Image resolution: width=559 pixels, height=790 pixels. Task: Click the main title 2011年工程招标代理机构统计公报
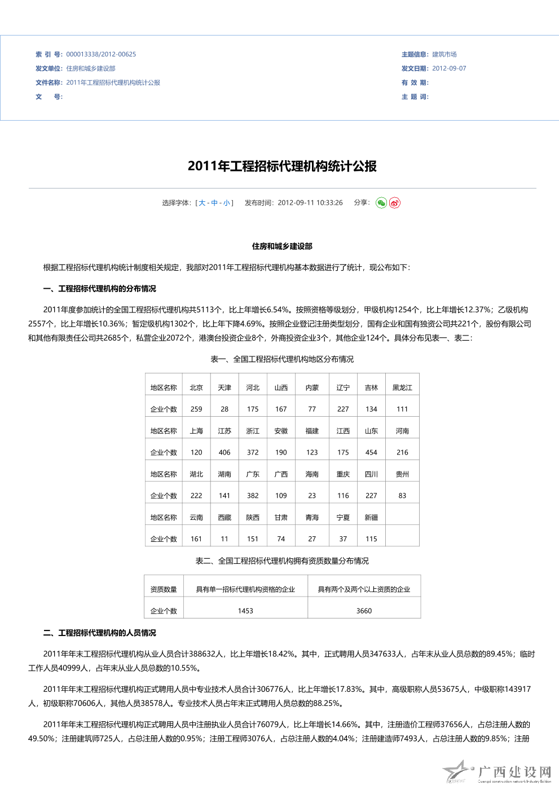(282, 166)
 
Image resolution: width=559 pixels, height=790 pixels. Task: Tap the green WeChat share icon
(381, 203)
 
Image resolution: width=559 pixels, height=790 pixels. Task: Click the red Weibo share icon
(395, 203)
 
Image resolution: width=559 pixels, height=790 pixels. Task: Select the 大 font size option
(202, 203)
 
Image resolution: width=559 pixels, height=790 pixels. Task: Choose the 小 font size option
(226, 203)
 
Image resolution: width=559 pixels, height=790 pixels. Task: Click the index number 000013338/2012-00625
(101, 55)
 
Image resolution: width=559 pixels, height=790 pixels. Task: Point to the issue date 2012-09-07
(449, 69)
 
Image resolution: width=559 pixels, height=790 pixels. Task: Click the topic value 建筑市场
(444, 55)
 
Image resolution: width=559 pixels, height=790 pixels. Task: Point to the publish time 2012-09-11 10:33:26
(310, 203)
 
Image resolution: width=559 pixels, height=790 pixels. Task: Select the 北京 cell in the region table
(196, 388)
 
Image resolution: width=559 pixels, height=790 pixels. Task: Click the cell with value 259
(196, 409)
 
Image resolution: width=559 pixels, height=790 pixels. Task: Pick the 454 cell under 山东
(371, 452)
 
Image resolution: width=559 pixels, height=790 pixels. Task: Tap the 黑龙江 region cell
(402, 388)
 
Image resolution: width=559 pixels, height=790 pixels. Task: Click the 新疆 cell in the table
(371, 518)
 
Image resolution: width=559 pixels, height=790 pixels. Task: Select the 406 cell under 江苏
(225, 452)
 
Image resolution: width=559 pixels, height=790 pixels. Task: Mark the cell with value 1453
(245, 611)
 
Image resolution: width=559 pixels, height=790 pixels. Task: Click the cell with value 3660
(364, 611)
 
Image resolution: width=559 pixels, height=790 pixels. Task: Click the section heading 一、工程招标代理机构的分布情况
(100, 289)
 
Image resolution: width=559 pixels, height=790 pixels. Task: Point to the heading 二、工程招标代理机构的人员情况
(100, 633)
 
